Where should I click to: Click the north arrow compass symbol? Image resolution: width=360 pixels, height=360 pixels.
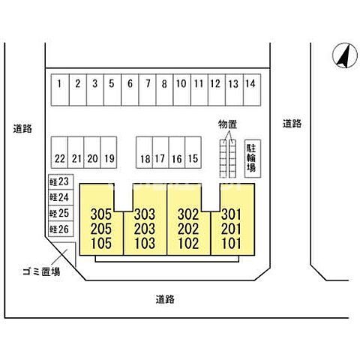coord(345,55)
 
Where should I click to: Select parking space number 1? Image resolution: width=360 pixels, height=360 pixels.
coord(60,90)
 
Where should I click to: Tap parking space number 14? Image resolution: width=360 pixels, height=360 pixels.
coord(252,90)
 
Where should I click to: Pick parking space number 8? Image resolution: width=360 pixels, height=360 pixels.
coord(164,90)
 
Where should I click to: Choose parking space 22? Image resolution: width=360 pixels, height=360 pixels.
coord(59,152)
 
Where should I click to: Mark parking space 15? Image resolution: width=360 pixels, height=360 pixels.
coord(193,152)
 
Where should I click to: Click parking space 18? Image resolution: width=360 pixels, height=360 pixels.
coord(144,152)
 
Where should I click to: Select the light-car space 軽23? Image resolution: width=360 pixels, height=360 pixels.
coord(61,181)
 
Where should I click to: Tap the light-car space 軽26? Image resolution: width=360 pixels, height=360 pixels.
coord(61,229)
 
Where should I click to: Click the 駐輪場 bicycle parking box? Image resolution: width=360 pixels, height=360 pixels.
coord(253,159)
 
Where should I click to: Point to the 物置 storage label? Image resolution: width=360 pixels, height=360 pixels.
coord(227,124)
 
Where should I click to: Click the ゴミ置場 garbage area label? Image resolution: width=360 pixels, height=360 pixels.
coord(41,271)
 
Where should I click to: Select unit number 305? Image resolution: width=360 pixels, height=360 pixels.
coord(101,214)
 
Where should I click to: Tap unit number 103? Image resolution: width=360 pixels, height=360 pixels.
coord(145,243)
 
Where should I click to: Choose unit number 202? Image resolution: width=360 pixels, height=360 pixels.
coord(188,229)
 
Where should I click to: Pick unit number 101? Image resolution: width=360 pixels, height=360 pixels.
coord(232,243)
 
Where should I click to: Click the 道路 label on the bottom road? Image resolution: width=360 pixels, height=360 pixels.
coord(165,299)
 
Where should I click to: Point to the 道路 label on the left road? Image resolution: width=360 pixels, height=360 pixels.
coord(22,129)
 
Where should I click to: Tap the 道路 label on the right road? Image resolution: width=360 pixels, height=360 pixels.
coord(292,124)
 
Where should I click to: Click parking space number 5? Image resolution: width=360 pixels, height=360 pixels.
coord(112,90)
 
